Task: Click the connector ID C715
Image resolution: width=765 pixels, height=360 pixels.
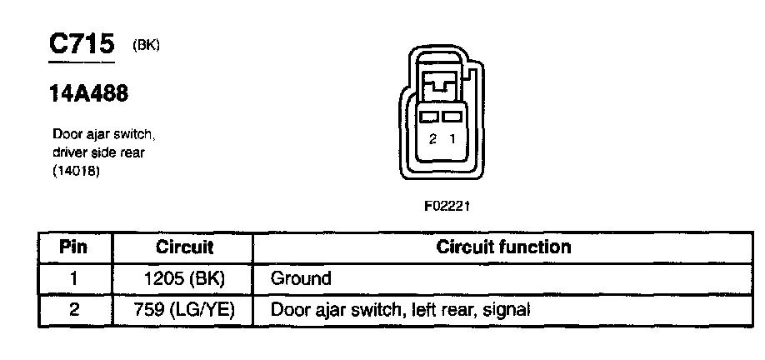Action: [x=82, y=43]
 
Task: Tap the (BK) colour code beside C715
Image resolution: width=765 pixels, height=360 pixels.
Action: [x=146, y=45]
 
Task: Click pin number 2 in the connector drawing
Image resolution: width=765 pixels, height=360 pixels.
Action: [x=432, y=139]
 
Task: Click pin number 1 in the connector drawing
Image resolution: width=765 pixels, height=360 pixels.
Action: [x=452, y=139]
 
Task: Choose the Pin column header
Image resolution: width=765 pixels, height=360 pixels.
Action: [x=75, y=247]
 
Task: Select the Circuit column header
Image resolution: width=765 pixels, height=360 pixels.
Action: [x=184, y=247]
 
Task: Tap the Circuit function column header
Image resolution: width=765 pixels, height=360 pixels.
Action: [x=504, y=247]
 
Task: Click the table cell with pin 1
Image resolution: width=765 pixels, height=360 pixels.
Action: [x=75, y=278]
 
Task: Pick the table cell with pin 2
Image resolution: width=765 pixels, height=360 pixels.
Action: [x=75, y=310]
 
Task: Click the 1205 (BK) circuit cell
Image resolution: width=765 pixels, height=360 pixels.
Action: [x=184, y=278]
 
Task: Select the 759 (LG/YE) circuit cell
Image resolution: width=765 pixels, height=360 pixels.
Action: [x=184, y=310]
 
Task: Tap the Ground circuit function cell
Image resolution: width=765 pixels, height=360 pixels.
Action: [x=301, y=278]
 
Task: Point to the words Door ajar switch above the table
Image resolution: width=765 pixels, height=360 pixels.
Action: [x=104, y=134]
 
